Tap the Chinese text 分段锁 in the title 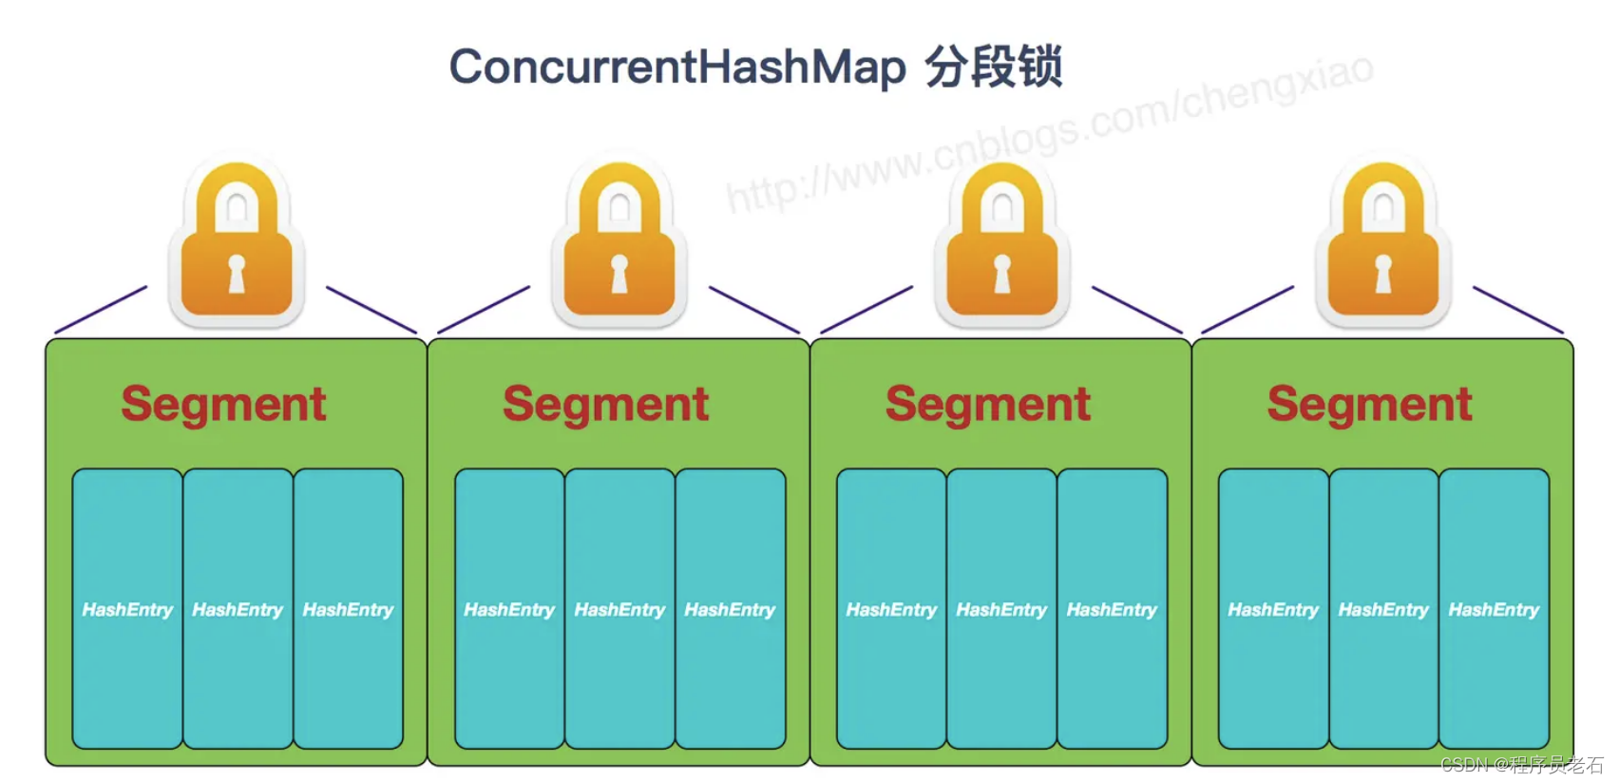[994, 67]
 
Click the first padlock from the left [237, 242]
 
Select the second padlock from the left [619, 242]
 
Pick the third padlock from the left [1002, 242]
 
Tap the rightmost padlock [1383, 242]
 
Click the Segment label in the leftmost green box [224, 404]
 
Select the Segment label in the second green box [606, 404]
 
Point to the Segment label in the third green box [988, 404]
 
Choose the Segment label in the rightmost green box [1370, 404]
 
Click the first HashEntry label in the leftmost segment [127, 610]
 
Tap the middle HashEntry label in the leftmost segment [238, 610]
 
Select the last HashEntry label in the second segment [730, 610]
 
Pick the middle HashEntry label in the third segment [1001, 610]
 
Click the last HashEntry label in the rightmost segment [1494, 610]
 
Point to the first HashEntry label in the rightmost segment [1273, 610]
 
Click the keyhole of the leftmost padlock [237, 274]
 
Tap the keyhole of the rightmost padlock [1383, 274]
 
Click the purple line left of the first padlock [101, 310]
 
